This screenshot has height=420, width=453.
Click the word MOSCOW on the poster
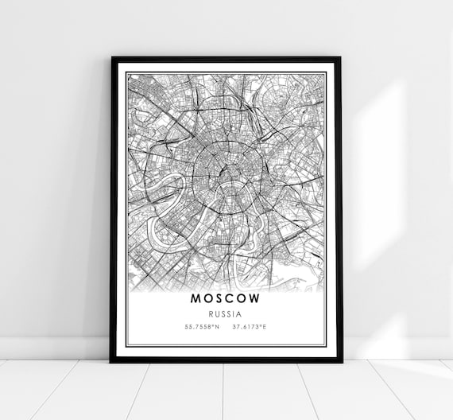pyautogui.click(x=226, y=299)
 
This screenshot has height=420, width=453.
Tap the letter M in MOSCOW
pyautogui.click(x=196, y=299)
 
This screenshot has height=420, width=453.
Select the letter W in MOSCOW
pyautogui.click(x=254, y=299)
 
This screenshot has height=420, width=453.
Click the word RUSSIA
pyautogui.click(x=226, y=313)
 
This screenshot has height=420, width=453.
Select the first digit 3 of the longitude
pyautogui.click(x=234, y=326)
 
